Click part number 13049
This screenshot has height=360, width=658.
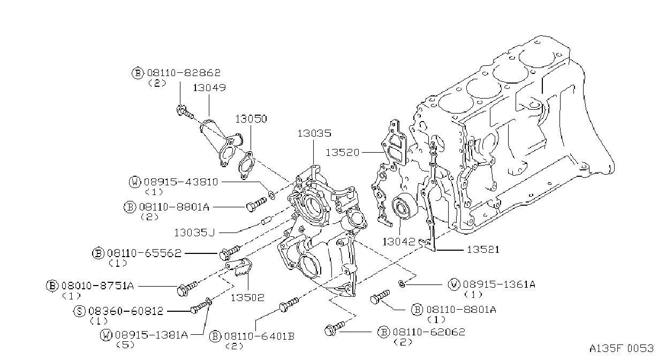click(209, 87)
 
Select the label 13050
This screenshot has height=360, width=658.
click(251, 119)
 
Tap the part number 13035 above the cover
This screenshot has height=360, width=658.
click(314, 133)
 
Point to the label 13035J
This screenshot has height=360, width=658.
click(194, 232)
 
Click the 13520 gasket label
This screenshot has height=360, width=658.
click(343, 153)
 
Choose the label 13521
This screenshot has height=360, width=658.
click(483, 250)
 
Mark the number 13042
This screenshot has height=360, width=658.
click(399, 242)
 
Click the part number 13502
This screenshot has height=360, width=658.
click(248, 298)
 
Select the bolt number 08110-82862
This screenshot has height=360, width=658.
click(184, 72)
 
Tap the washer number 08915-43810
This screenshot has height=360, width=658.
click(181, 182)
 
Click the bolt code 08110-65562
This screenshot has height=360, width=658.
click(144, 253)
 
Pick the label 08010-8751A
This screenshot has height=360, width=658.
click(97, 286)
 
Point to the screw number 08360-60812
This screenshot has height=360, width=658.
click(126, 311)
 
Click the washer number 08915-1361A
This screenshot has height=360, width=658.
click(499, 284)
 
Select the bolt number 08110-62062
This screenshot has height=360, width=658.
click(429, 332)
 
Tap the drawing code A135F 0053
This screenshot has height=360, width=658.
click(622, 349)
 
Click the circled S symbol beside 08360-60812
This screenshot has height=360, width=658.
click(79, 311)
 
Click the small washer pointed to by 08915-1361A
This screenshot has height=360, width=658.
click(401, 284)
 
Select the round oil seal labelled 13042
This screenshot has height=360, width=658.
click(404, 207)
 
